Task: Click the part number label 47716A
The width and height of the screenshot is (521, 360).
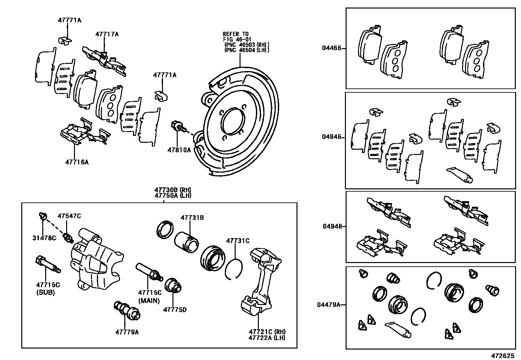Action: tap(77, 162)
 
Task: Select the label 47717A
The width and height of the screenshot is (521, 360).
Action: tap(107, 34)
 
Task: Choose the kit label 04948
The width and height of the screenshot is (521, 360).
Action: tap(332, 226)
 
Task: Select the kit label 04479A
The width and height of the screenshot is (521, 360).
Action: tap(329, 305)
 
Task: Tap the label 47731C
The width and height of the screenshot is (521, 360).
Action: tap(238, 241)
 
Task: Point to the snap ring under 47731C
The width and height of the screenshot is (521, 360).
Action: tap(234, 269)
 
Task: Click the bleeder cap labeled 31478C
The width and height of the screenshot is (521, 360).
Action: tap(42, 216)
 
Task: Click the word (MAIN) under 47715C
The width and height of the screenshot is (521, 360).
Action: tap(149, 300)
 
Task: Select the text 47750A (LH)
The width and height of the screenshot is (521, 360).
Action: tap(173, 196)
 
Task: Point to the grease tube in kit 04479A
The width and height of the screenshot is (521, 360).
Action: tap(397, 329)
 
